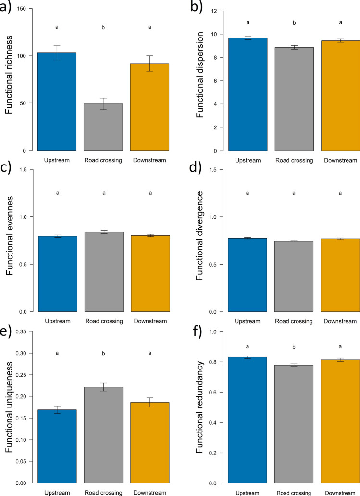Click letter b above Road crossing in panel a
[103, 28]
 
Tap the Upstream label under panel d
[248, 321]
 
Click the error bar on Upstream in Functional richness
[57, 53]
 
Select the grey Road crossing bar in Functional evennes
[103, 272]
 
